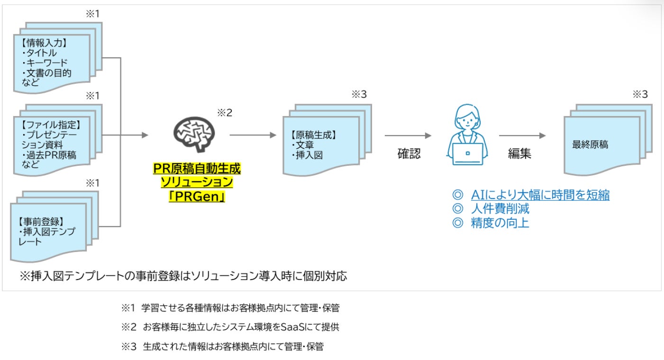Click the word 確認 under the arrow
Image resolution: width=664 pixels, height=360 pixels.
coord(409,154)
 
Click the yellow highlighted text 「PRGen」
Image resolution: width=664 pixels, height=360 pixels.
coord(196,196)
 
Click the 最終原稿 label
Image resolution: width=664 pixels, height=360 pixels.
coord(590,145)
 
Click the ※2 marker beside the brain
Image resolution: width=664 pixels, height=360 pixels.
coord(224,113)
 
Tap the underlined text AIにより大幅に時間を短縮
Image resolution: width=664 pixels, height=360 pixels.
coord(540,195)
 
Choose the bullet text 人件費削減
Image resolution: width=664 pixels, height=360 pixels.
coord(500,209)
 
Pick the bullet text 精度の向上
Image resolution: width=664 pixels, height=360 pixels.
coord(500,223)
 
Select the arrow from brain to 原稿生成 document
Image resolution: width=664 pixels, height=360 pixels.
coord(253,135)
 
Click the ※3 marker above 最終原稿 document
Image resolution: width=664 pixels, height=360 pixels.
coord(640,94)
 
